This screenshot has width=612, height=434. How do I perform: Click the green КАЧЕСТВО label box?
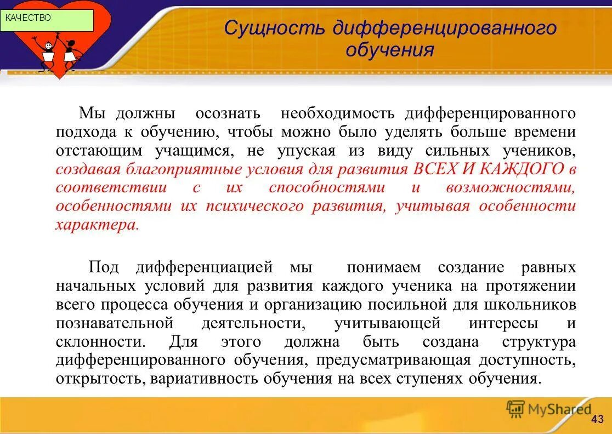47,19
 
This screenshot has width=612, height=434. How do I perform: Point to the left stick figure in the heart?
47,52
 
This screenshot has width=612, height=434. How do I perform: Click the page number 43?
598,419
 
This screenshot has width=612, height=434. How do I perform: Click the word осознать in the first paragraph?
228,113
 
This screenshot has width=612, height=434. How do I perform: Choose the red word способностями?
327,187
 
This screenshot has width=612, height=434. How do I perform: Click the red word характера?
95,225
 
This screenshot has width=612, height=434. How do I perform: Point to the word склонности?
100,341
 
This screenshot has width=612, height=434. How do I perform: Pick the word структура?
539,341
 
